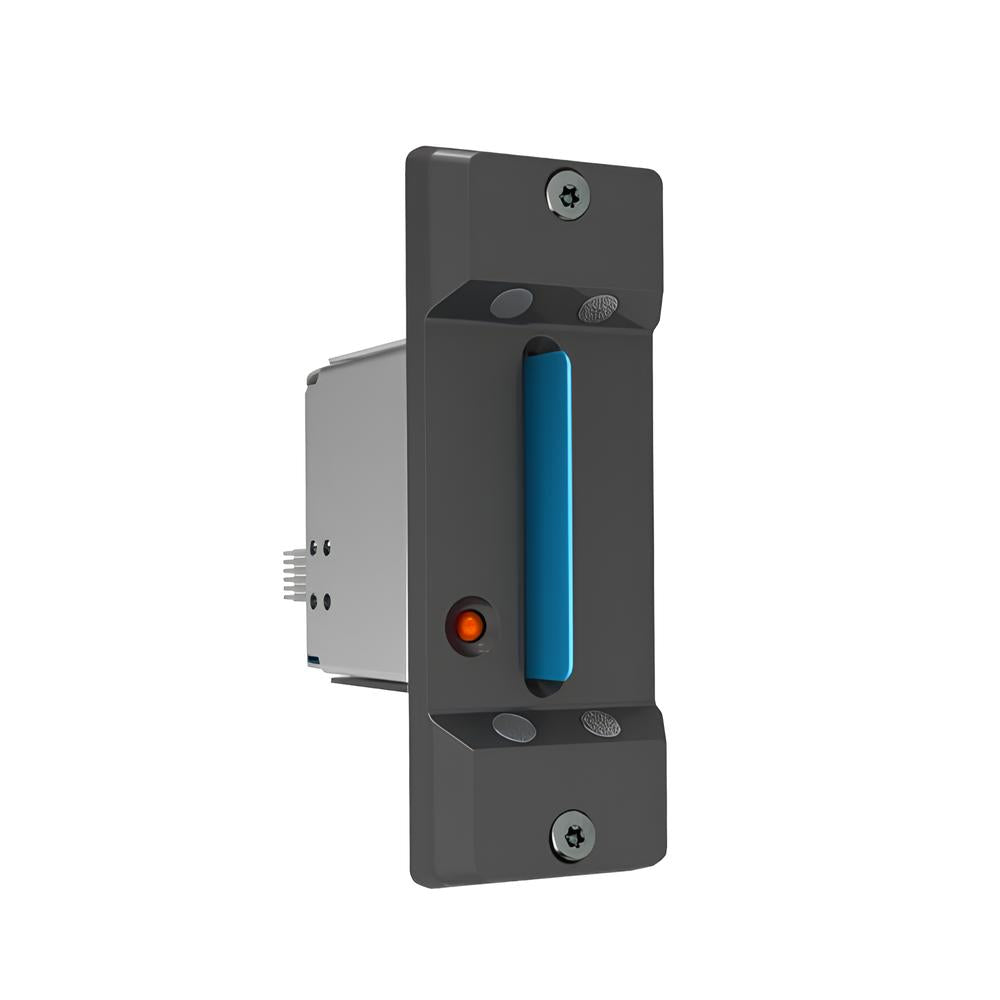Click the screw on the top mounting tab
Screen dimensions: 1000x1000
point(568,193)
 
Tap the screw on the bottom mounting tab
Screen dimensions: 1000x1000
point(573,836)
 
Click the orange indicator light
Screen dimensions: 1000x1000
point(469,627)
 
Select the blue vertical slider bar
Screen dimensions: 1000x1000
point(548,515)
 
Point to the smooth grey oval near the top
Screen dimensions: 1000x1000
point(512,302)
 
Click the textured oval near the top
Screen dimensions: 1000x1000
point(598,308)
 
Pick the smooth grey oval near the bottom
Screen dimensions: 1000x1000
point(515,727)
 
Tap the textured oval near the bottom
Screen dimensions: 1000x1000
point(600,723)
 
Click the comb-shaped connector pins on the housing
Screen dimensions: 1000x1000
point(294,575)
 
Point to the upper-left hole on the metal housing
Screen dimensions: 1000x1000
point(314,547)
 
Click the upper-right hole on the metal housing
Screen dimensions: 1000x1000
point(328,547)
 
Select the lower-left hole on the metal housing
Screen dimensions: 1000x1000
point(314,601)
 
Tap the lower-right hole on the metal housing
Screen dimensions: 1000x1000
point(328,601)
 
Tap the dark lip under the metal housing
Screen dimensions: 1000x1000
point(370,683)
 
